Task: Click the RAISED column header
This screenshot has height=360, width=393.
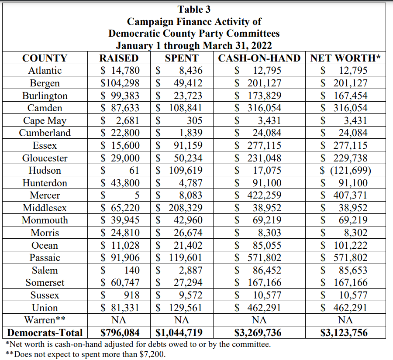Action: coord(119,58)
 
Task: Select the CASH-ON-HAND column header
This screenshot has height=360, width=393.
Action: coord(259,58)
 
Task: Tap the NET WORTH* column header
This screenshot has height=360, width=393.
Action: coord(345,58)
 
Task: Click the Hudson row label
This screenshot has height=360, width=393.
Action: coord(45,170)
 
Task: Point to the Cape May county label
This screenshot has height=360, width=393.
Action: coord(45,120)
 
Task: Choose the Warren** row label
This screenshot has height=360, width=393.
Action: coord(45,320)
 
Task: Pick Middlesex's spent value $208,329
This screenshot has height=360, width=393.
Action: coord(179,208)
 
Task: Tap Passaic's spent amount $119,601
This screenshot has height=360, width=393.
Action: coord(179,257)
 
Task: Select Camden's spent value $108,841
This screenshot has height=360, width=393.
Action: coord(179,108)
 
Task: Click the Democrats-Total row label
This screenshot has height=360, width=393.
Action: coord(45,333)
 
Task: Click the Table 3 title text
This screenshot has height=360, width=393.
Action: coord(194,9)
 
